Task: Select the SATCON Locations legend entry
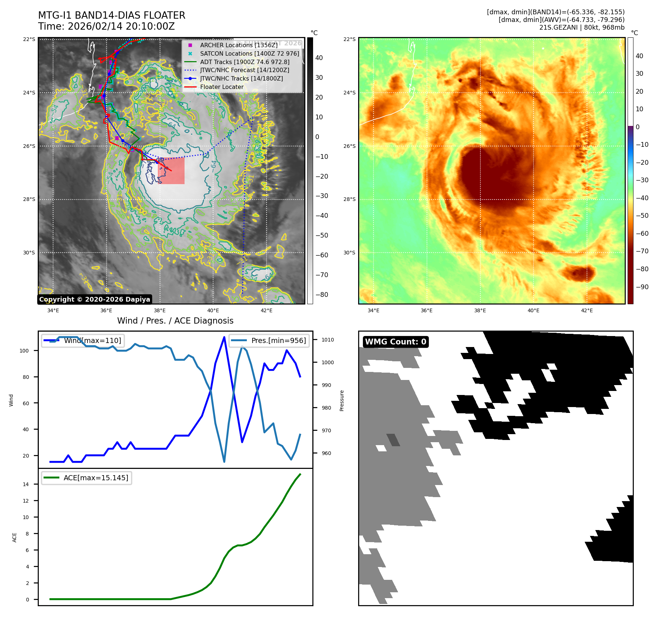tap(249, 53)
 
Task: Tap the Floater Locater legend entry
tap(222, 87)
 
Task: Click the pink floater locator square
tap(171, 171)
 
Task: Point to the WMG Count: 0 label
tap(395, 342)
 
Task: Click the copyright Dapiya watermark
tap(94, 299)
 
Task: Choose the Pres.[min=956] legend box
tap(269, 340)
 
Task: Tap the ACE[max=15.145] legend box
tap(87, 478)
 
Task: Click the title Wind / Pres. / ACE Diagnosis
tap(175, 321)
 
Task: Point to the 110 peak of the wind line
tap(224, 337)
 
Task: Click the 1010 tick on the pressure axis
tap(327, 340)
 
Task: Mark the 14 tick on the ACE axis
tap(26, 484)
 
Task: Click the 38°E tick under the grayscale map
tap(160, 310)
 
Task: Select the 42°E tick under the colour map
tap(587, 310)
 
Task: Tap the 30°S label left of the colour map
tap(349, 253)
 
